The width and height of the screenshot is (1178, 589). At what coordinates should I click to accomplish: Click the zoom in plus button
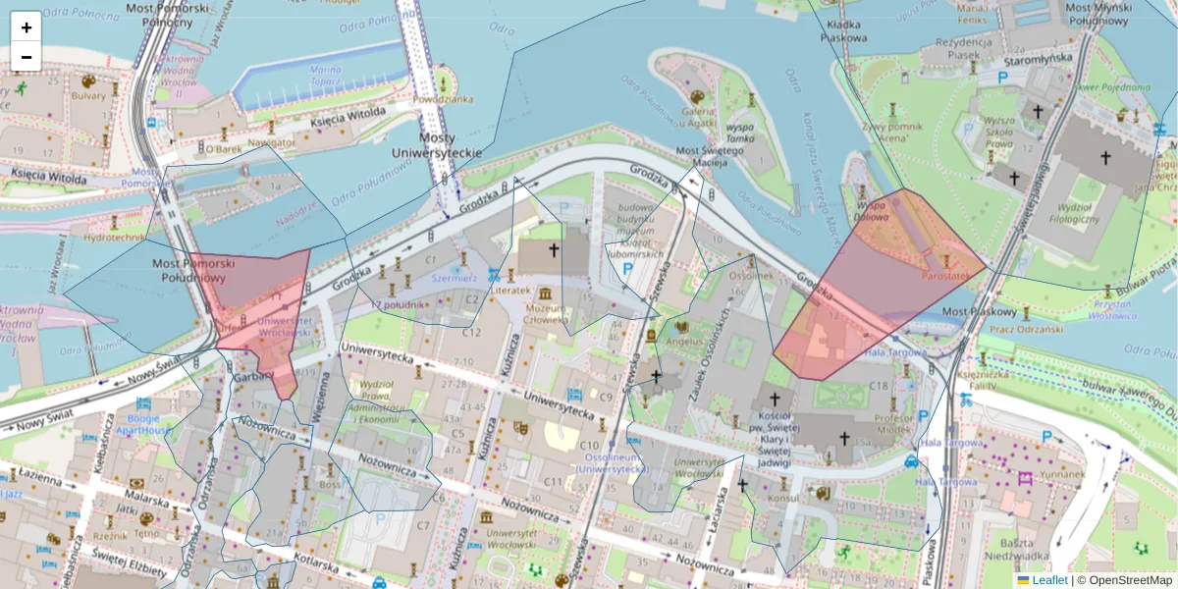(x=27, y=27)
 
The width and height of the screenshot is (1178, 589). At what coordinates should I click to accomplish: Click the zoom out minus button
(x=27, y=57)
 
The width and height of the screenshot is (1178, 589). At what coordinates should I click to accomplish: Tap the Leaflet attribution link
(x=1049, y=580)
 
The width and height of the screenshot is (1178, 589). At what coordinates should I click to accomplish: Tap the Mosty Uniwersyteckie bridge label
(x=437, y=146)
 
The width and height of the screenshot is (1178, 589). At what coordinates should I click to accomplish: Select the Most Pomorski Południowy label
(x=194, y=271)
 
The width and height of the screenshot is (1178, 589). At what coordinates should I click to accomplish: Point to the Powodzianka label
(x=443, y=99)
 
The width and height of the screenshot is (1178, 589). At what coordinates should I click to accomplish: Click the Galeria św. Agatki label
(x=699, y=117)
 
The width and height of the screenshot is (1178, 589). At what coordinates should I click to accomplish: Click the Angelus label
(x=684, y=343)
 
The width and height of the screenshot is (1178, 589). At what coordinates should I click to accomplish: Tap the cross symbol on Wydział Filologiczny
(x=1105, y=157)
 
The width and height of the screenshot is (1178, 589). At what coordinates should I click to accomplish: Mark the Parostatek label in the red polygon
(x=946, y=277)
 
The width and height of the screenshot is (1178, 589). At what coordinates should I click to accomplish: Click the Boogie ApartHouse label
(x=143, y=423)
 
